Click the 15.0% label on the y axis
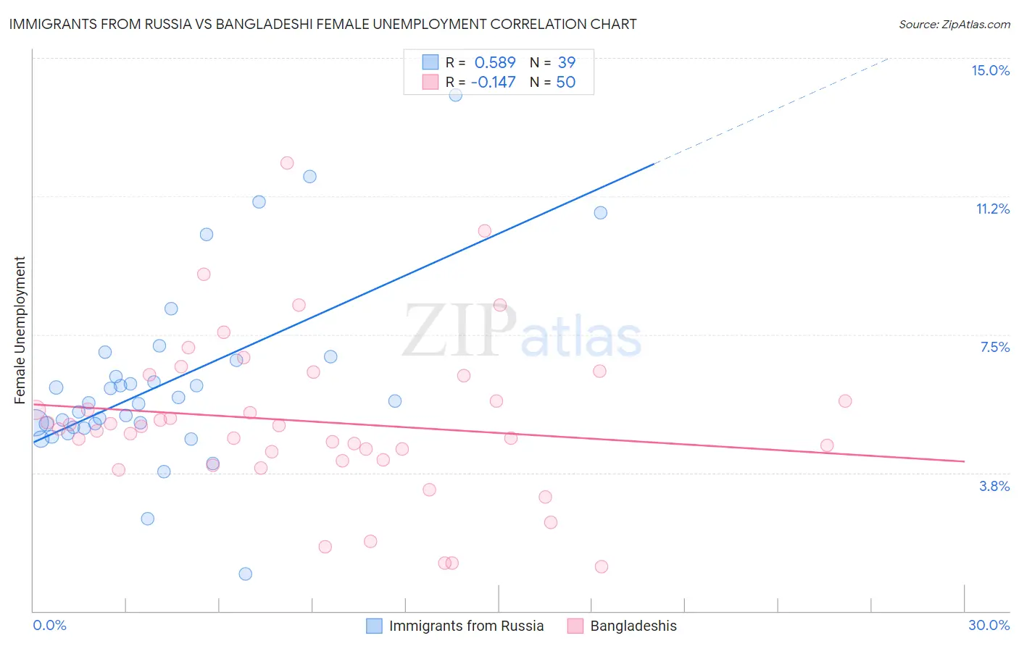990,70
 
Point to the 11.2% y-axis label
992,209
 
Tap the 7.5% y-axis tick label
994,347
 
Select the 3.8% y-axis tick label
994,486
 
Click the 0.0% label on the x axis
49,625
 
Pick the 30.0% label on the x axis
989,625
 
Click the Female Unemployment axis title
20,330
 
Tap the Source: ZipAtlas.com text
954,24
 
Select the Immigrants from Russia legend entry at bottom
465,626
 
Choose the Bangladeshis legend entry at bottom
633,626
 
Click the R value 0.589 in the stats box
495,62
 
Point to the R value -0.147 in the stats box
493,82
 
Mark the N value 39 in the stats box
566,62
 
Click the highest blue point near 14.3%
455,94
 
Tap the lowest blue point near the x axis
246,574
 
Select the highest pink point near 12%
287,163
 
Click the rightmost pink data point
845,400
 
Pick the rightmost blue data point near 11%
601,212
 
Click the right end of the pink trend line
964,461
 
